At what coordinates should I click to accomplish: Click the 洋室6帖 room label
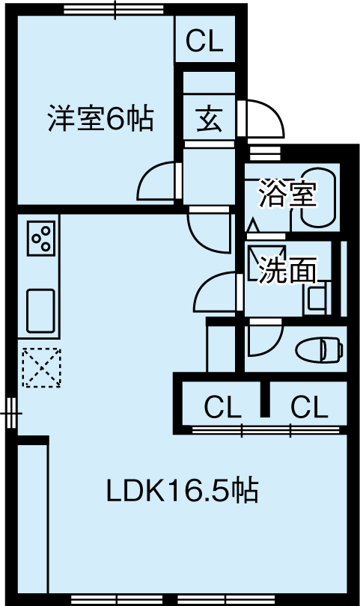(100, 118)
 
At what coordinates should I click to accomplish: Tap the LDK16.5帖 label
(182, 491)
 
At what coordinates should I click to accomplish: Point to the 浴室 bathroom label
(287, 193)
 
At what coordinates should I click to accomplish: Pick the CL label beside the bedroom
(205, 40)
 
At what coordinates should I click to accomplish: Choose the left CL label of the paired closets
(223, 406)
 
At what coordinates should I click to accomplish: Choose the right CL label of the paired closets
(310, 406)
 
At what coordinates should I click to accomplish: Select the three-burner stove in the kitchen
(41, 238)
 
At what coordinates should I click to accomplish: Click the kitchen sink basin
(40, 310)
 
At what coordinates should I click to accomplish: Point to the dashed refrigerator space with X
(41, 367)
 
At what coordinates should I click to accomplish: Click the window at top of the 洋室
(113, 9)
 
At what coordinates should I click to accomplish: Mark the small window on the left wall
(11, 414)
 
